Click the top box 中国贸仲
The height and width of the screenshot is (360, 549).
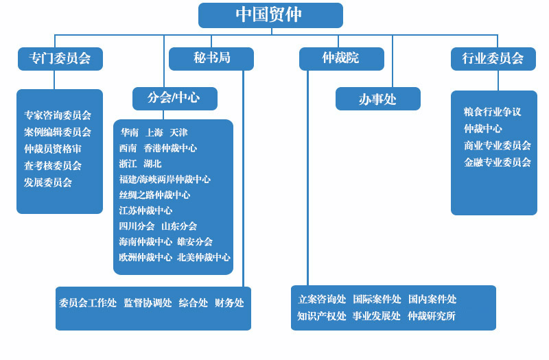[270, 15]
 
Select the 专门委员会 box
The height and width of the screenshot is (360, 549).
[60, 59]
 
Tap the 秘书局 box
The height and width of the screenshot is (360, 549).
[211, 58]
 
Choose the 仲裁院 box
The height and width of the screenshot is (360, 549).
[341, 58]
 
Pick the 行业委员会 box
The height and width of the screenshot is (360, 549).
[493, 59]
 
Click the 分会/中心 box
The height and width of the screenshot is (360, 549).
[174, 98]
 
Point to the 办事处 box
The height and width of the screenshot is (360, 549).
[377, 99]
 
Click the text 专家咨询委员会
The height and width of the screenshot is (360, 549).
[58, 115]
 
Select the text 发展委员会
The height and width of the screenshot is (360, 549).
[48, 182]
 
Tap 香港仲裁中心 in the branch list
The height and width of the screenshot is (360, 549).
[170, 148]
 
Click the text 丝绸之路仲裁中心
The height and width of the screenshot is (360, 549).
[154, 195]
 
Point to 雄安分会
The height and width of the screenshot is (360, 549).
[195, 241]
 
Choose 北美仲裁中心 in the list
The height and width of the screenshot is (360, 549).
[204, 257]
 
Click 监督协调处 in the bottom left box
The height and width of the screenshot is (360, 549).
[148, 302]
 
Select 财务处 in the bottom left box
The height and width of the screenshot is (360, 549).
[229, 302]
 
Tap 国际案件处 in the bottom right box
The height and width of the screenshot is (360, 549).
[377, 299]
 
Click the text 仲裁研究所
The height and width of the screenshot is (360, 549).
[432, 316]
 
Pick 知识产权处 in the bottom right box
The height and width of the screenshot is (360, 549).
[322, 316]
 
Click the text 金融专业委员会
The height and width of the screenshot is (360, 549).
[498, 163]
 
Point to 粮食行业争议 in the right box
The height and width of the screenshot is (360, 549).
[493, 112]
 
